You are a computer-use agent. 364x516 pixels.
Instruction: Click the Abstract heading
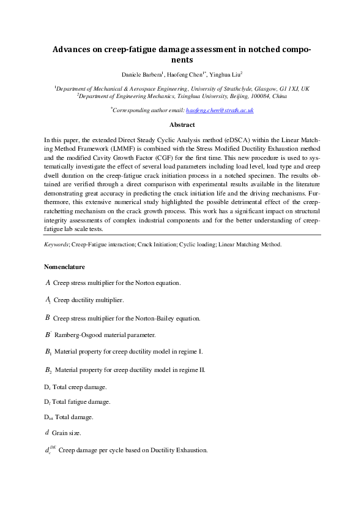pyautogui.click(x=182, y=124)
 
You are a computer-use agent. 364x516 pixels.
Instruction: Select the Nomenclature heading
pyautogui.click(x=64, y=267)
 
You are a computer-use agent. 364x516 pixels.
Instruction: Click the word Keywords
pyautogui.click(x=57, y=244)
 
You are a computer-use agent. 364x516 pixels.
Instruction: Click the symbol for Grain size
pyautogui.click(x=47, y=433)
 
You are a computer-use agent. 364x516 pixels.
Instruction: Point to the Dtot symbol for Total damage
pyautogui.click(x=48, y=417)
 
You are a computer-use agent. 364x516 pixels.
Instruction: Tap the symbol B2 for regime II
pyautogui.click(x=48, y=370)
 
